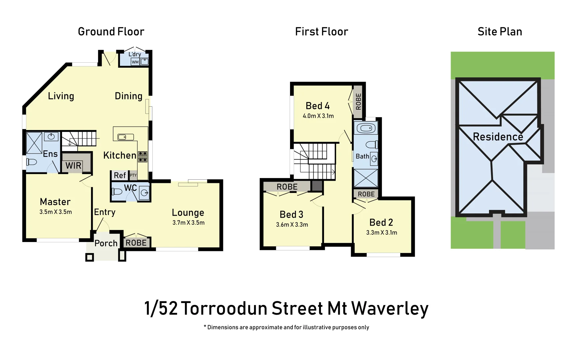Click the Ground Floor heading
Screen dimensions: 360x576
[111, 32]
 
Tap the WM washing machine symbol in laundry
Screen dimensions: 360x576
[135, 62]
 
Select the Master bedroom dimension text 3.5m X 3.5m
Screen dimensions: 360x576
[56, 212]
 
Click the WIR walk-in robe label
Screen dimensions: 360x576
[73, 166]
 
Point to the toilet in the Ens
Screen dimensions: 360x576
[32, 162]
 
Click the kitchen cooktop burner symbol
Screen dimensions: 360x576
[143, 156]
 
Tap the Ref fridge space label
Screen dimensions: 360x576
[120, 175]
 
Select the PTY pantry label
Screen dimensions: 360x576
[133, 175]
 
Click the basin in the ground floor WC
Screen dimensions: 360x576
[144, 193]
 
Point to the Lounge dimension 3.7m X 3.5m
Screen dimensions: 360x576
[188, 223]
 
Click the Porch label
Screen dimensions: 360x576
[106, 243]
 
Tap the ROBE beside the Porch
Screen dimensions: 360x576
[136, 243]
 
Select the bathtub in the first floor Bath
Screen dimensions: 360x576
[366, 128]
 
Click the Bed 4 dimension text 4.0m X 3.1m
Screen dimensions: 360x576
[318, 116]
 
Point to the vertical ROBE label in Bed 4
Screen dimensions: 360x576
[358, 102]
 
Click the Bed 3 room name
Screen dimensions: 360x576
[291, 214]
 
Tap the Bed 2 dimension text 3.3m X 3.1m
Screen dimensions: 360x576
[381, 233]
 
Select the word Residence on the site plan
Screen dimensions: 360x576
[498, 137]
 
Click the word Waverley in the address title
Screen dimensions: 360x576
[390, 308]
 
